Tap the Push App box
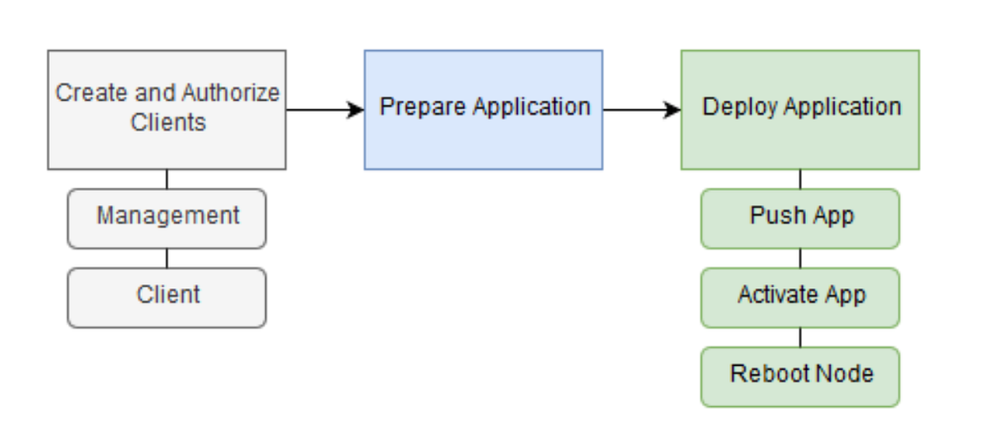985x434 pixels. pos(800,218)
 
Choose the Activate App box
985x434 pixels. pos(800,297)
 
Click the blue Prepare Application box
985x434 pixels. pos(483,110)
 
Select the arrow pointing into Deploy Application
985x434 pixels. pos(642,110)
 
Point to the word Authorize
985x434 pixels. pos(231,94)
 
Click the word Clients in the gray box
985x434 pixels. pos(167,123)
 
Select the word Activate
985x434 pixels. pos(773,295)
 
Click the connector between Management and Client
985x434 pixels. pos(167,258)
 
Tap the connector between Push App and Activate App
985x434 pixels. pos(800,258)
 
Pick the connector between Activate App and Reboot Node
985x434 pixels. pos(800,337)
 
